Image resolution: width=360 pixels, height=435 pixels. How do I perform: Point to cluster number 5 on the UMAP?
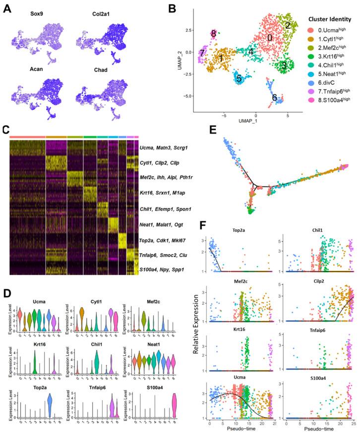click(239, 78)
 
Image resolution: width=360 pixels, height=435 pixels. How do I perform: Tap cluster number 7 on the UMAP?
click(202, 53)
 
